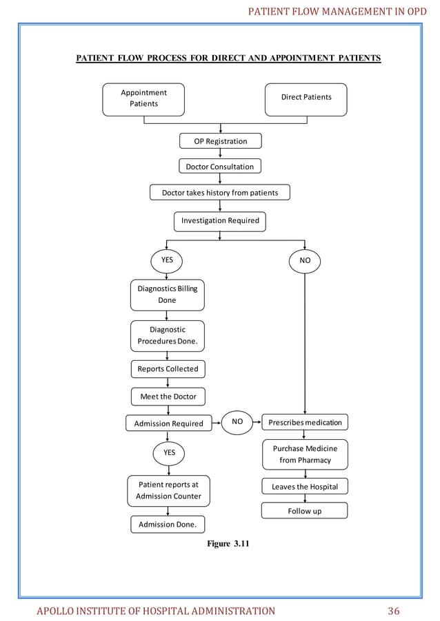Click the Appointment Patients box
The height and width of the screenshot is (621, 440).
pyautogui.click(x=143, y=98)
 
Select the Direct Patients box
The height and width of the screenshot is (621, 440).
pyautogui.click(x=306, y=98)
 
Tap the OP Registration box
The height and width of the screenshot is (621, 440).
pyautogui.click(x=220, y=141)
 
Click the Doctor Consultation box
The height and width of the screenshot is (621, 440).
pyautogui.click(x=220, y=167)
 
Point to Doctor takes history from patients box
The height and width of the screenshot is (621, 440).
pyautogui.click(x=220, y=193)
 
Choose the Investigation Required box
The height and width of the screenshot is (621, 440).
pyautogui.click(x=220, y=221)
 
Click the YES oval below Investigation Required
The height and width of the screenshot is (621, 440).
pyautogui.click(x=167, y=261)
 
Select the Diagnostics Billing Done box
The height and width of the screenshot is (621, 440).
pyautogui.click(x=167, y=295)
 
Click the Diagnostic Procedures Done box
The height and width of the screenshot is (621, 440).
pyautogui.click(x=167, y=336)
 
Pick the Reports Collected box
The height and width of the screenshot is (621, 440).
pyautogui.click(x=168, y=369)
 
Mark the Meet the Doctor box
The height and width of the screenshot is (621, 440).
pyautogui.click(x=168, y=397)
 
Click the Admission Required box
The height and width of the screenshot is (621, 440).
pyautogui.click(x=168, y=423)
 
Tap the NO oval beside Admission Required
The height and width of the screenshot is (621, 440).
pyautogui.click(x=237, y=422)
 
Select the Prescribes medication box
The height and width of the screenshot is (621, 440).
pyautogui.click(x=305, y=421)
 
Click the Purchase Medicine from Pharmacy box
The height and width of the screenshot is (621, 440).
pyautogui.click(x=305, y=454)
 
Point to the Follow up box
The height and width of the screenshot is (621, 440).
pyautogui.click(x=304, y=511)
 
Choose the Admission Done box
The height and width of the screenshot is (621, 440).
pyautogui.click(x=168, y=525)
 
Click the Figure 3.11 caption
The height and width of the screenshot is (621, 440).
pyautogui.click(x=228, y=545)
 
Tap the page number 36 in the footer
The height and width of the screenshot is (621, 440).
pyautogui.click(x=394, y=611)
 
